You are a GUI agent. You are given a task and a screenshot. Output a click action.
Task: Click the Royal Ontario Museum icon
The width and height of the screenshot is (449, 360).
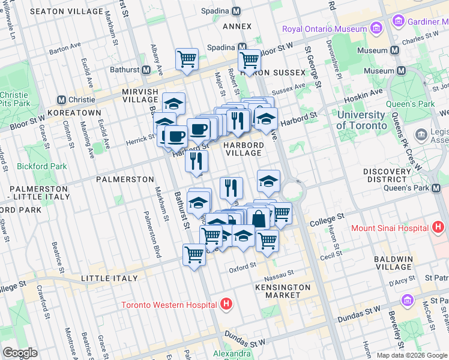pos(376,28)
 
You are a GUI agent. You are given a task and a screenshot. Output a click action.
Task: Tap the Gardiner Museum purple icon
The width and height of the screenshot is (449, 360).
pos(398,22)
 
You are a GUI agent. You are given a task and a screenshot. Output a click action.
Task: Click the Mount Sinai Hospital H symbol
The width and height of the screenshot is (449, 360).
pos(438,228)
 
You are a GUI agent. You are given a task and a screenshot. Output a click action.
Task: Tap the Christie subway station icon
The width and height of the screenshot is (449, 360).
pos(61,99)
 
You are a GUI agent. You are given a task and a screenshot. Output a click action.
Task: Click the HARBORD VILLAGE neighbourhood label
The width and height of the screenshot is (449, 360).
pos(244,149)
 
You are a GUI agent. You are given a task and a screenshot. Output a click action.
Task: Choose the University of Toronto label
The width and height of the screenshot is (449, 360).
pos(361,120)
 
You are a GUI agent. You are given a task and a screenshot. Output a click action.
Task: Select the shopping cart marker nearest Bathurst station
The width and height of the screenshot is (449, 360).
pos(187,59)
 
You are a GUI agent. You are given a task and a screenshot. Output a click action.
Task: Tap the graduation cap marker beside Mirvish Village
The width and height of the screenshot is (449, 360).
pos(173,103)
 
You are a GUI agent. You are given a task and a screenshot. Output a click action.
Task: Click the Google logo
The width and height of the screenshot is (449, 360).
pos(20,353)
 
